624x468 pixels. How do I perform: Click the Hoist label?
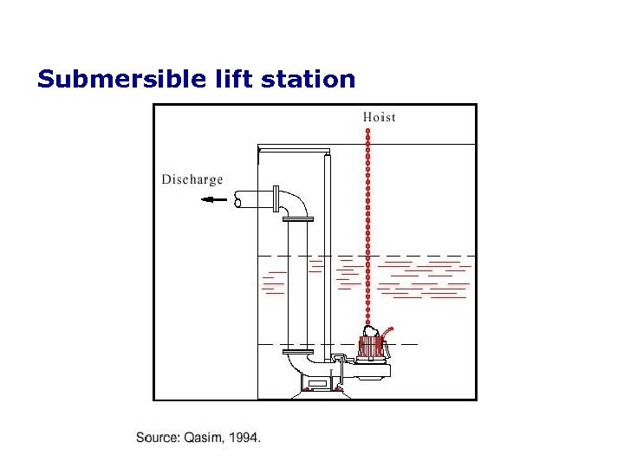tap(380, 117)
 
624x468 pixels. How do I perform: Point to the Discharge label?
tap(192, 179)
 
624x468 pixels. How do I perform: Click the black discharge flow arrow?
tap(213, 200)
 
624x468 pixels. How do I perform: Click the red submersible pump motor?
tap(372, 348)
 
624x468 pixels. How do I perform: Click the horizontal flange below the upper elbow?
tap(297, 220)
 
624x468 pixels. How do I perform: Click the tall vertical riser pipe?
tap(297, 286)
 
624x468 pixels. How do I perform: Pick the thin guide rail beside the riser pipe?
tap(327, 260)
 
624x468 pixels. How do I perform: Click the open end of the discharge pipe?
tap(238, 200)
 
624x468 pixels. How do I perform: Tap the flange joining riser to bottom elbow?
tap(297, 350)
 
